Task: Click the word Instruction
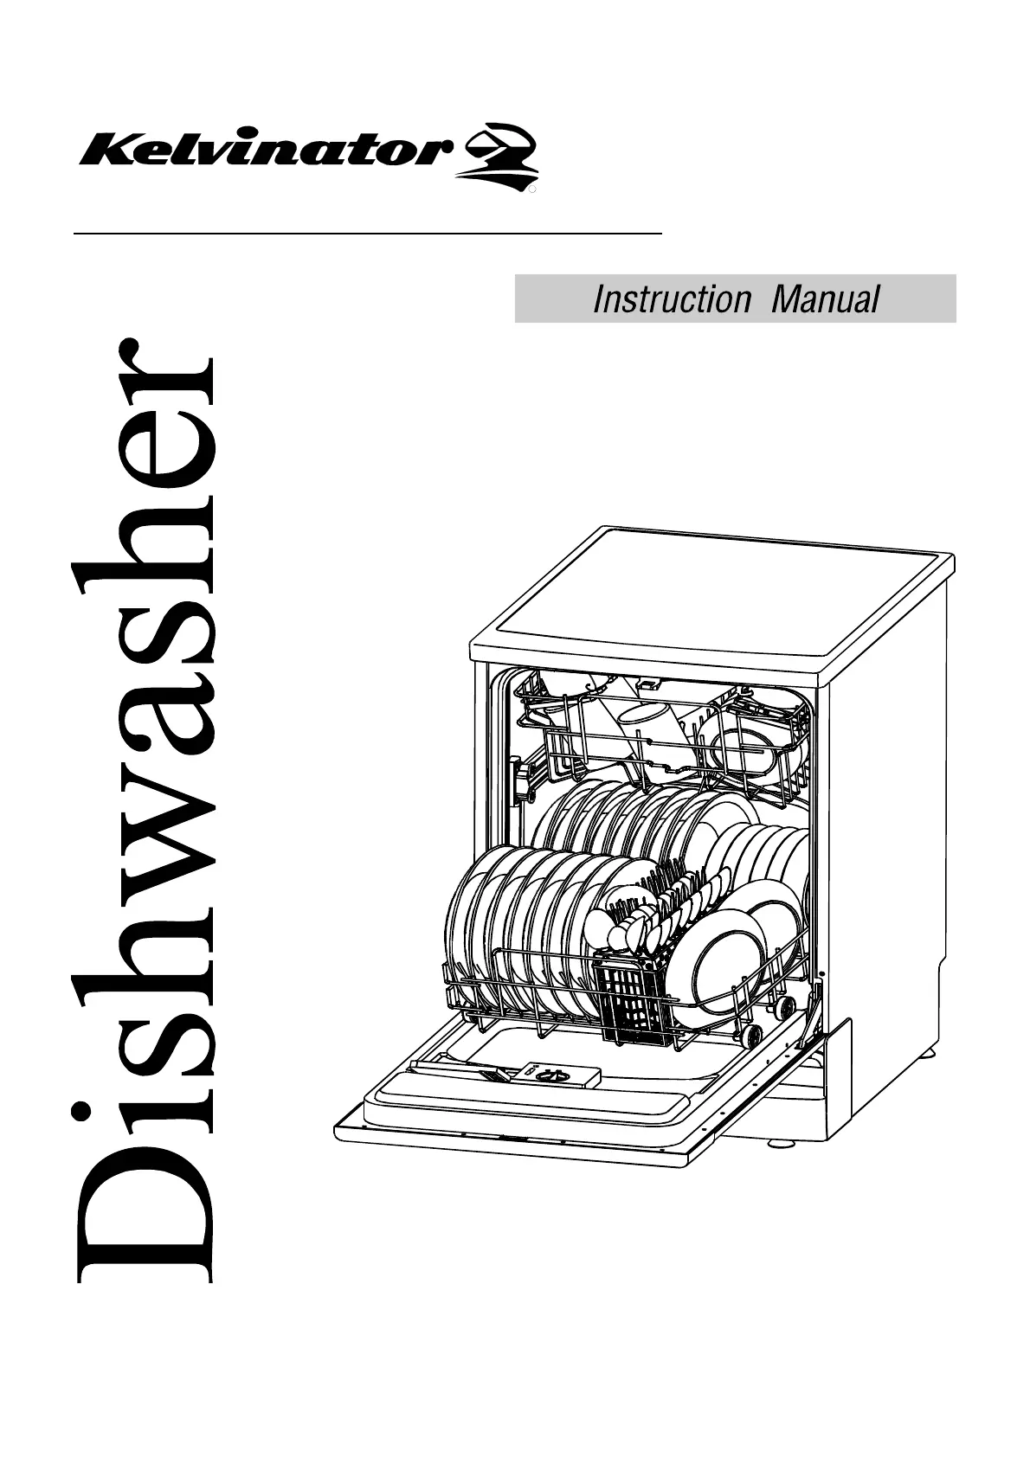(x=672, y=299)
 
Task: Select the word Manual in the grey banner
(x=825, y=299)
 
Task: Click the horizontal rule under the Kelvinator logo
(x=368, y=234)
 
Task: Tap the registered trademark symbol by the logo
(x=533, y=186)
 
